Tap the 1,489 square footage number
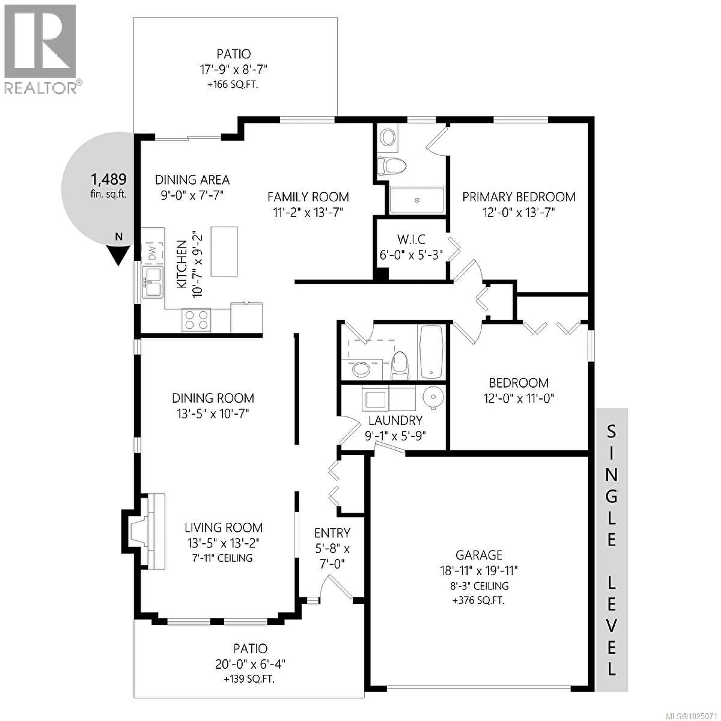pyautogui.click(x=109, y=179)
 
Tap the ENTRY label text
pyautogui.click(x=332, y=533)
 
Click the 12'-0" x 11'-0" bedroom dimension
pyautogui.click(x=518, y=399)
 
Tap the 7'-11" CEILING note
pyautogui.click(x=222, y=558)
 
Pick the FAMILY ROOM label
pyautogui.click(x=308, y=197)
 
